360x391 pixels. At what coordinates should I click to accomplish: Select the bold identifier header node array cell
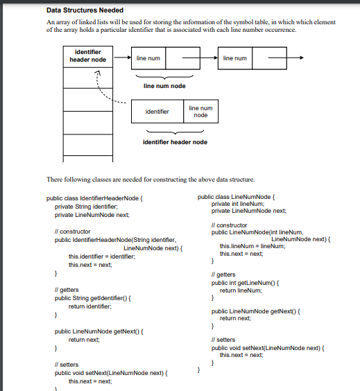click(88, 55)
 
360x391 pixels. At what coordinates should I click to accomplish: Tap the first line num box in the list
click(148, 58)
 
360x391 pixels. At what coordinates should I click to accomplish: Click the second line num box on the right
click(234, 58)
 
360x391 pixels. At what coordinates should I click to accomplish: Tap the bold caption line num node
click(164, 86)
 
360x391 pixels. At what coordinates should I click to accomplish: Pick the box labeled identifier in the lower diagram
click(157, 111)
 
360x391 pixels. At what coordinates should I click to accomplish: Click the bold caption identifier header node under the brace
click(174, 142)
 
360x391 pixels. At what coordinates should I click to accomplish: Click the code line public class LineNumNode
click(237, 197)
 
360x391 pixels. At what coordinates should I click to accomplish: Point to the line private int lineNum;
click(239, 204)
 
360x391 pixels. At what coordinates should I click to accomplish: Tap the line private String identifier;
click(87, 206)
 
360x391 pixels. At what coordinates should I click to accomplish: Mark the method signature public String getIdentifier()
click(93, 297)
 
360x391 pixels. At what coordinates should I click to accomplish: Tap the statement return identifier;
click(89, 306)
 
